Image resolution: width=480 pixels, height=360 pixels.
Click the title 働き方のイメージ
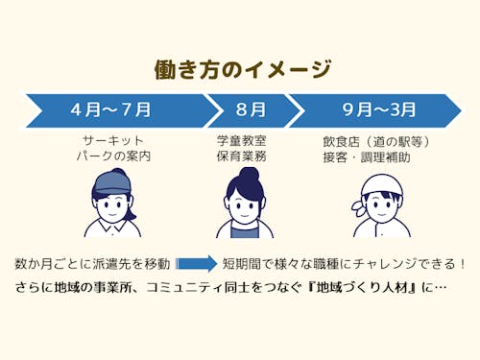[x=242, y=70]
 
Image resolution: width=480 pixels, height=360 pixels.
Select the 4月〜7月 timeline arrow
[x=112, y=109]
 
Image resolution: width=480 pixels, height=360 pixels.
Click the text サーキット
[x=113, y=140]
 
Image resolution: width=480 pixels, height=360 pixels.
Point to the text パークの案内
[x=113, y=156]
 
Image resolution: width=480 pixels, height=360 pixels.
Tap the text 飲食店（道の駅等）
[x=375, y=141]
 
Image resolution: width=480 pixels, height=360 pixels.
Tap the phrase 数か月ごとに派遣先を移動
[x=93, y=263]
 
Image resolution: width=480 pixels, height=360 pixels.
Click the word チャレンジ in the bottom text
[x=386, y=263]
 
